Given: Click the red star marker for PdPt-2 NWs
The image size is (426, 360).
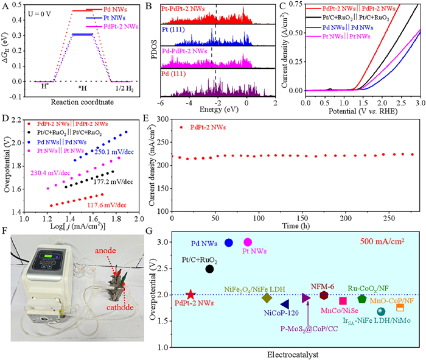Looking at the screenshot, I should pyautogui.click(x=190, y=294).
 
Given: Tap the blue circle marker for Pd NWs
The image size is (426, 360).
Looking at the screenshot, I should pyautogui.click(x=229, y=242).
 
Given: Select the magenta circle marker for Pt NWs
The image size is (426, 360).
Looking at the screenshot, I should pyautogui.click(x=265, y=242).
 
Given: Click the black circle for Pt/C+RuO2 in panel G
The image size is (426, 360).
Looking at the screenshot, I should pyautogui.click(x=210, y=269).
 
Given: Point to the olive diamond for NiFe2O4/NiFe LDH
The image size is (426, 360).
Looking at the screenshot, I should pyautogui.click(x=267, y=297).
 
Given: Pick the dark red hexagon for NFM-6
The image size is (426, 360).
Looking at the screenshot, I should pyautogui.click(x=324, y=295).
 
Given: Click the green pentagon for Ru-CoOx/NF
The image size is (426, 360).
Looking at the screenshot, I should pyautogui.click(x=362, y=299).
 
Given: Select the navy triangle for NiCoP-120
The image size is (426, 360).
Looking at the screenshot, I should pyautogui.click(x=284, y=304).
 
